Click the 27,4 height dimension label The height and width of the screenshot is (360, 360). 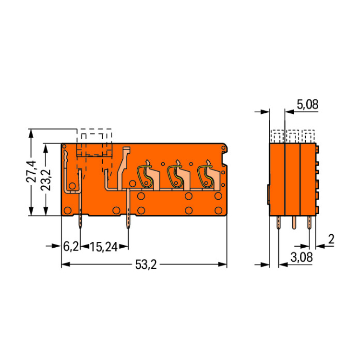pyautogui.click(x=31, y=171)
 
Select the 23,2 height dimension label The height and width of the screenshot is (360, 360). pyautogui.click(x=46, y=180)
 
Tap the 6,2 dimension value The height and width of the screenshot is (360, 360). pyautogui.click(x=71, y=247)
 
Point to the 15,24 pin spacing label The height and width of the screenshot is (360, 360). pyautogui.click(x=104, y=247)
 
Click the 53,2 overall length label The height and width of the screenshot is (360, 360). pyautogui.click(x=146, y=264)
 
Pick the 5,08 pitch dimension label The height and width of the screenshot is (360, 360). pyautogui.click(x=307, y=105)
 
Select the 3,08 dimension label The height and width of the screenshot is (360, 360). pyautogui.click(x=301, y=257)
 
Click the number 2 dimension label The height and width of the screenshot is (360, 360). pyautogui.click(x=331, y=239)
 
